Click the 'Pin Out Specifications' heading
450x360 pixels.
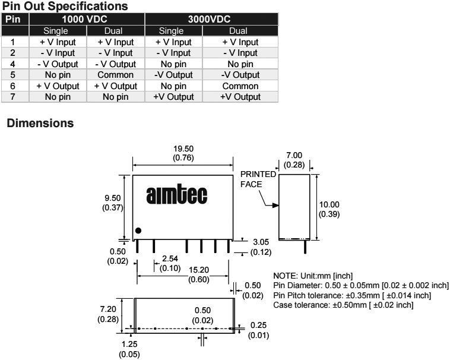pyautogui.click(x=65, y=7)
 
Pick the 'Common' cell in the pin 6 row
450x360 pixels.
pyautogui.click(x=240, y=86)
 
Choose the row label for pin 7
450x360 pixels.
pyautogui.click(x=12, y=96)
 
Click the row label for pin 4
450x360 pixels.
pyautogui.click(x=12, y=64)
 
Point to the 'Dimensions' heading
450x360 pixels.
pyautogui.click(x=40, y=124)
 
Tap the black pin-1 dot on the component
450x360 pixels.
pyautogui.click(x=138, y=230)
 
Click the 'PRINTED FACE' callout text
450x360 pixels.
pyautogui.click(x=258, y=179)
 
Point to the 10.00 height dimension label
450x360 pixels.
pyautogui.click(x=329, y=204)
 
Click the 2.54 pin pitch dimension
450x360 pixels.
pyautogui.click(x=170, y=259)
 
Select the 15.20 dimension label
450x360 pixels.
pyautogui.click(x=198, y=271)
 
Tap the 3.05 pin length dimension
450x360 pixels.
pyautogui.click(x=260, y=242)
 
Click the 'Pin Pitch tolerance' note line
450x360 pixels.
pyautogui.click(x=351, y=296)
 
